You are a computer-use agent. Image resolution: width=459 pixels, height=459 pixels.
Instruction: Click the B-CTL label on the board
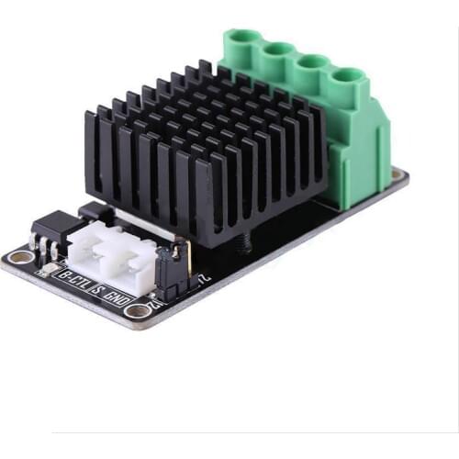click(x=72, y=275)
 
